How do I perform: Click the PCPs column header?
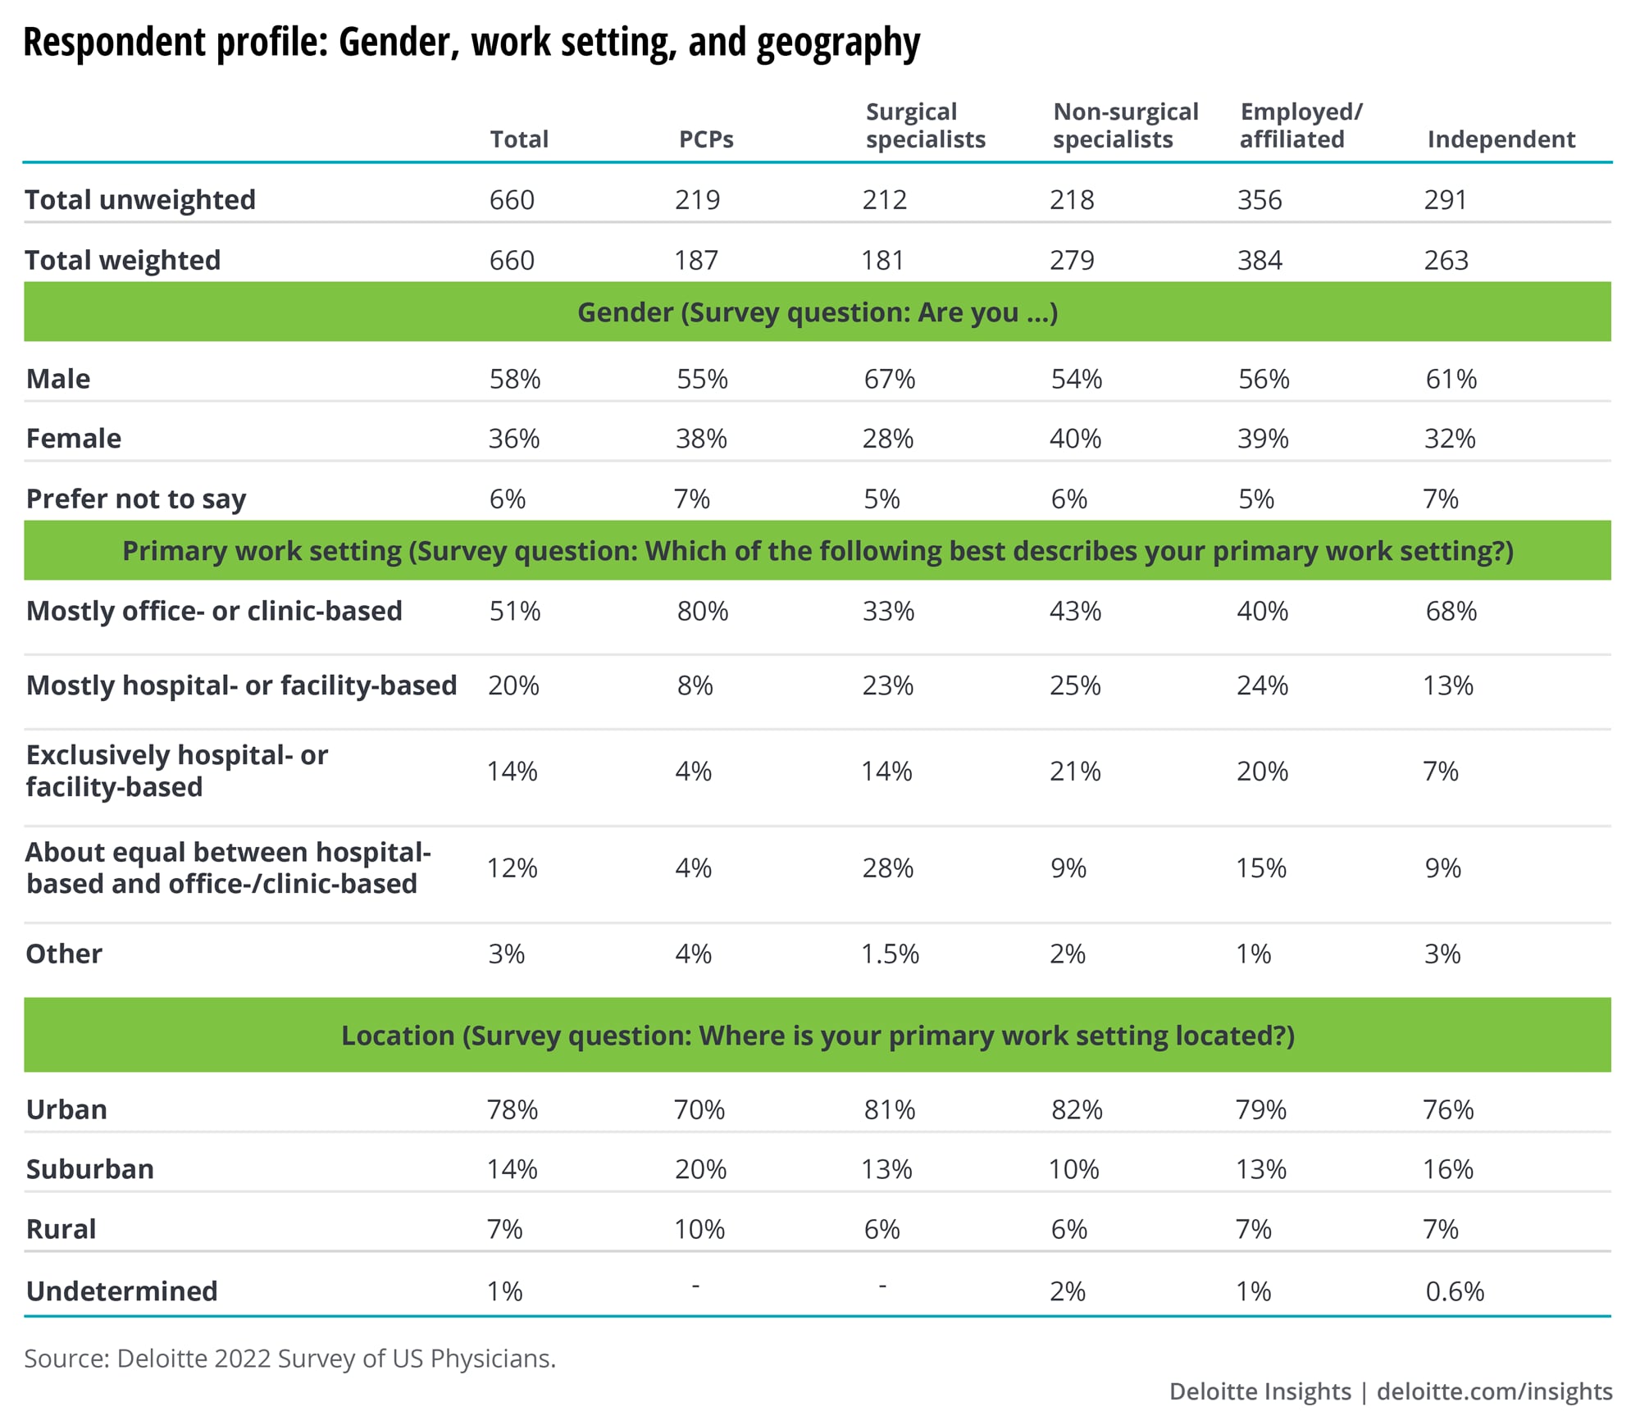[x=706, y=139]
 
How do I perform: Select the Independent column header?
[x=1501, y=139]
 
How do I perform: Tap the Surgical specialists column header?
[x=925, y=125]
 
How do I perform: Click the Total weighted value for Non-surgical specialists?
[x=1072, y=261]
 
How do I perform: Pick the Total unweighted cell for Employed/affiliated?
[x=1260, y=200]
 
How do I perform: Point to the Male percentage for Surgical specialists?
[x=889, y=379]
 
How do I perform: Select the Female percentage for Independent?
[x=1449, y=439]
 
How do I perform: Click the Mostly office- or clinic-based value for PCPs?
[x=702, y=611]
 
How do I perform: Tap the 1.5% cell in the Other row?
[x=890, y=954]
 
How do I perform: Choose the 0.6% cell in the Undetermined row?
[x=1455, y=1291]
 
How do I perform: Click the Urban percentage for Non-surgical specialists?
[x=1077, y=1109]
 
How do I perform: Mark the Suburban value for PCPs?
[x=700, y=1168]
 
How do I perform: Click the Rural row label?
[x=61, y=1229]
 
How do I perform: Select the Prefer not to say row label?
[x=136, y=499]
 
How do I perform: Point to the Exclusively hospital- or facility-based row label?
[x=176, y=771]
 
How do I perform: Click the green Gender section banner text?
[x=818, y=312]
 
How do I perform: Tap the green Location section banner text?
[x=818, y=1036]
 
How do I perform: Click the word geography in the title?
[x=838, y=43]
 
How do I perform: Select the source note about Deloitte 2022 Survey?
[x=289, y=1359]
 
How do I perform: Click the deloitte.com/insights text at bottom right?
[x=1494, y=1391]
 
